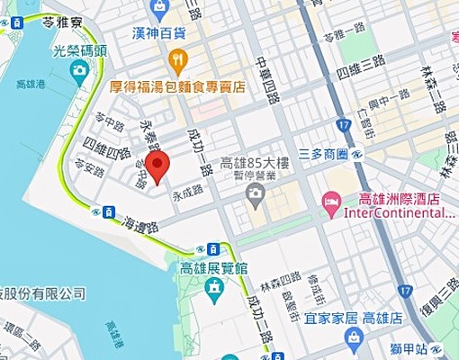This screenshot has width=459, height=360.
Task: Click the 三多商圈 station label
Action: (323, 155)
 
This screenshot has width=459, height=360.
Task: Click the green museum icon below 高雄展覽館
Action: (215, 289)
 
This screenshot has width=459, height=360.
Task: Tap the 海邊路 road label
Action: (138, 218)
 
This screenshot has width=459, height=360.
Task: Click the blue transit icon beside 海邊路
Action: (108, 212)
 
